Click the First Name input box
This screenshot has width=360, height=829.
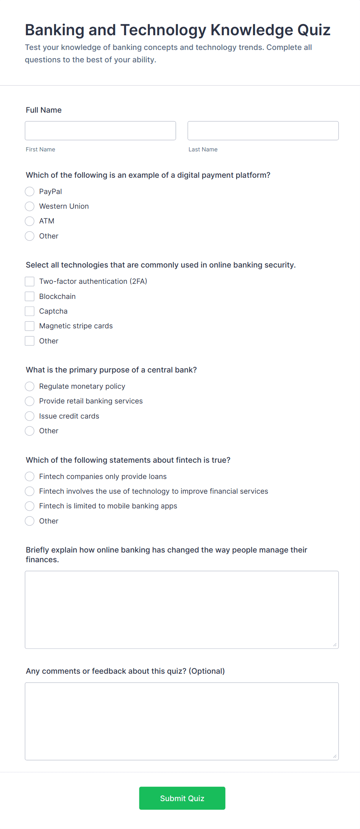[100, 131]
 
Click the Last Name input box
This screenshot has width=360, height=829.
[263, 131]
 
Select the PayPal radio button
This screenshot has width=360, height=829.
[30, 192]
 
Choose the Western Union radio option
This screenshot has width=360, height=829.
[30, 206]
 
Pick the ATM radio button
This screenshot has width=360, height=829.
[30, 221]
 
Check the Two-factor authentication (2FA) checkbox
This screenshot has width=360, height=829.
[30, 281]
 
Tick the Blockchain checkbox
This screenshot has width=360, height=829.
[30, 297]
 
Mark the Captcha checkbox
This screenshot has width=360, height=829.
[30, 311]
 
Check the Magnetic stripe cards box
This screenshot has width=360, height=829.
[30, 326]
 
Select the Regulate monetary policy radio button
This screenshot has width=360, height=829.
[30, 386]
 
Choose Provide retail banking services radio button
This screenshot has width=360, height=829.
[30, 401]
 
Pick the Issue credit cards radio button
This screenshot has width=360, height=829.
[30, 416]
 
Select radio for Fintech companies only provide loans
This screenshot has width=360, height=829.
[30, 477]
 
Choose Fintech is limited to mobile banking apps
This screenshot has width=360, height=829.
[30, 506]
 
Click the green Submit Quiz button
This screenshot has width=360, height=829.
[182, 798]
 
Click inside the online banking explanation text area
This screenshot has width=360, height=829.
[182, 609]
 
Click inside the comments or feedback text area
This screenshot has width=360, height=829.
[182, 721]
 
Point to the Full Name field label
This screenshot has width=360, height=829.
[44, 110]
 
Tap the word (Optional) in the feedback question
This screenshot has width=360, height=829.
[207, 671]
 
